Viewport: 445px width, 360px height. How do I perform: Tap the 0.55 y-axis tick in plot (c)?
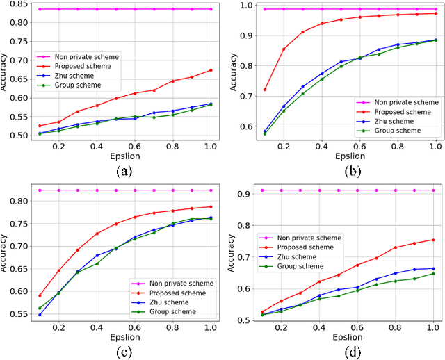pos(17,313)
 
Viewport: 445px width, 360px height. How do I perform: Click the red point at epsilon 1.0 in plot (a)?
pos(210,70)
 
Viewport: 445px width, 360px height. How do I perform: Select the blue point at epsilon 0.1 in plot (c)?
pos(39,315)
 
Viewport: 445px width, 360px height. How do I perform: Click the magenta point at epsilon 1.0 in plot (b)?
pos(435,9)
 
